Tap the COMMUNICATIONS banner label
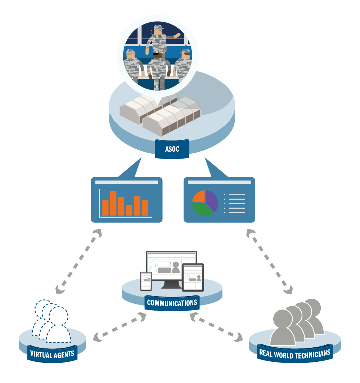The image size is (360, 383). (172, 303)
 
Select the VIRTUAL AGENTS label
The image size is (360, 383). (52, 353)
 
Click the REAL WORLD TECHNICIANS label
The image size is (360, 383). (294, 353)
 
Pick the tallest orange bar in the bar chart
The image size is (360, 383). (113, 203)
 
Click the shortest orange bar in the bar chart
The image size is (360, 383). (129, 210)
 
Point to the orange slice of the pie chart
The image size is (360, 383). (199, 196)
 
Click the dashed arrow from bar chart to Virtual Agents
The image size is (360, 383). (78, 260)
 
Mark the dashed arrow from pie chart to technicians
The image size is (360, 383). (269, 260)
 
